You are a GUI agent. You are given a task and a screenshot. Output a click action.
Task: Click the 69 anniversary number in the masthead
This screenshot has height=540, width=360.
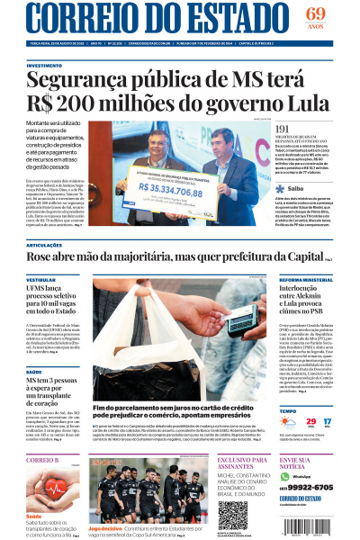tap(314, 13)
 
